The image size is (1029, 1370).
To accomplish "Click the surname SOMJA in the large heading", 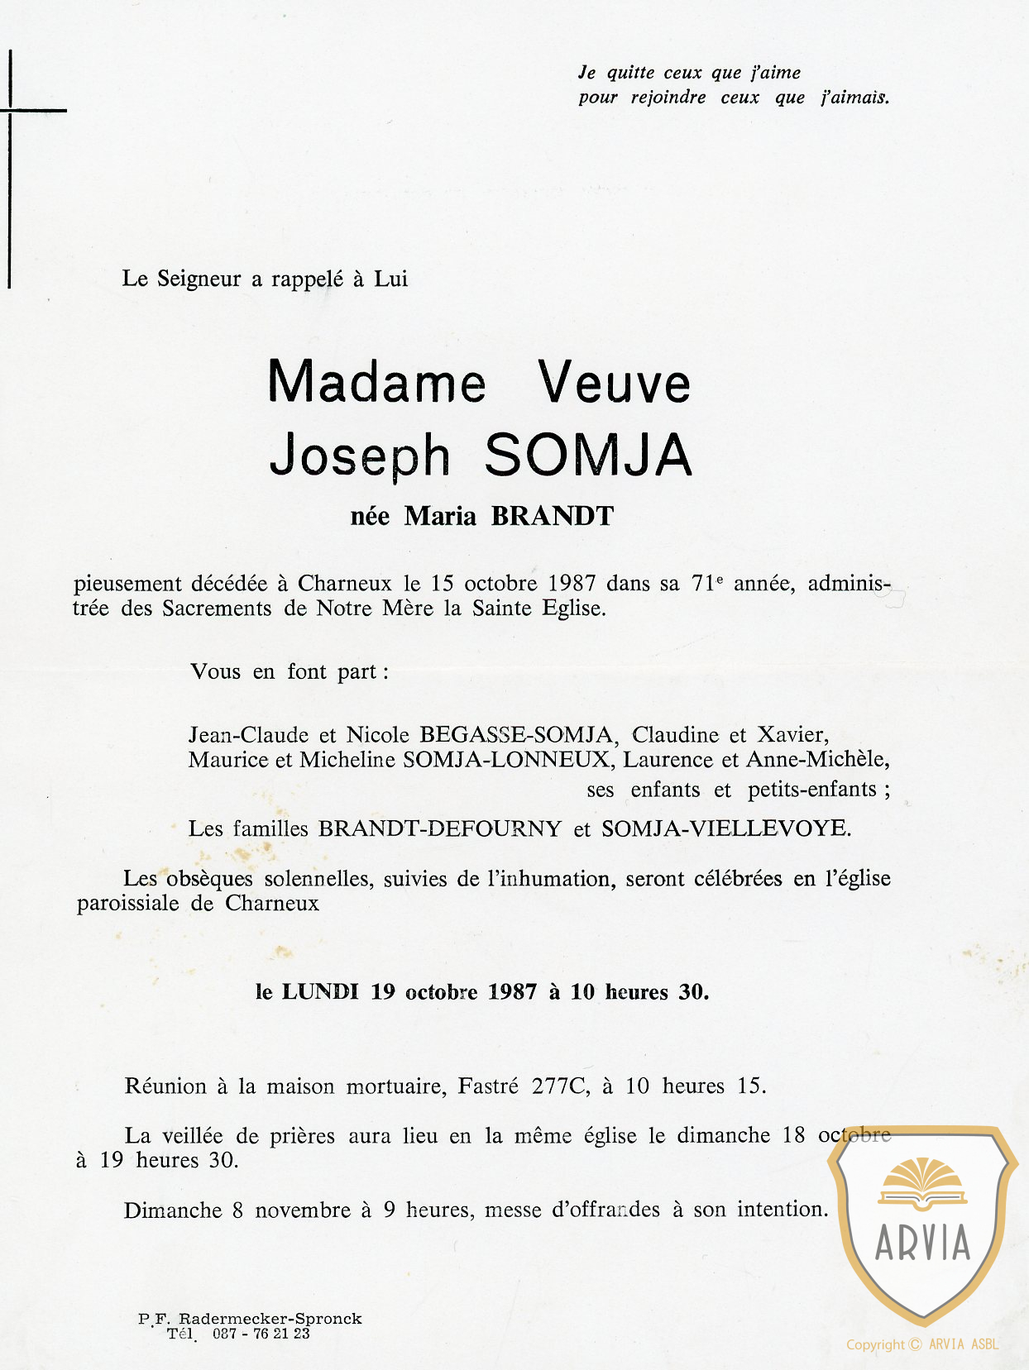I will coord(587,455).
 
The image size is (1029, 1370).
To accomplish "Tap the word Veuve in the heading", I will coord(614,383).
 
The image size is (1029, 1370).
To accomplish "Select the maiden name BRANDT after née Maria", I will coord(553,516).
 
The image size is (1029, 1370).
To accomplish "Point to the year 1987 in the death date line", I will coord(572,583).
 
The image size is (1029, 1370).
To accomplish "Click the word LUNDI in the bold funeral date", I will coord(320,991).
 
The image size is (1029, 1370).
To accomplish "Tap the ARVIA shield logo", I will coord(922,1224).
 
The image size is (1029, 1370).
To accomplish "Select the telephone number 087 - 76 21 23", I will coord(261,1334).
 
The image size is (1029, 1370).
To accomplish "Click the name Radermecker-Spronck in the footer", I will coord(270,1319).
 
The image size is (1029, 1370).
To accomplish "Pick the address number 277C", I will coord(559,1086).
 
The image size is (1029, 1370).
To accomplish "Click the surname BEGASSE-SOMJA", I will coord(515,734).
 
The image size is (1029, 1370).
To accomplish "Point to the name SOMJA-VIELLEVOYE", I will coord(725,828).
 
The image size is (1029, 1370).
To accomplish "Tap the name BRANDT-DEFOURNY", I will coord(440,828).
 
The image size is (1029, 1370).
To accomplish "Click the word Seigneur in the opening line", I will coord(199,279).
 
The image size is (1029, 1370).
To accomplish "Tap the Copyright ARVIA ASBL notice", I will coord(922,1344).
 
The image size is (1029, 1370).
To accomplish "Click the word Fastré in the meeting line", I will coord(488,1086).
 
